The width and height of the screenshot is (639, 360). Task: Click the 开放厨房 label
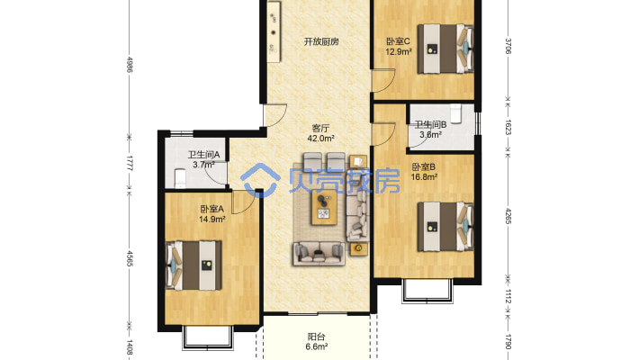pos(321,41)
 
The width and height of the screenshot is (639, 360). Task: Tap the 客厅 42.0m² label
pos(320,133)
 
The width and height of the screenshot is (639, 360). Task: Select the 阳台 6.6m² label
pos(317,342)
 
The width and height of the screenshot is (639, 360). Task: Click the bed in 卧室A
pos(193,265)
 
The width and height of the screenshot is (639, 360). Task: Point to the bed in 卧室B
pos(445,227)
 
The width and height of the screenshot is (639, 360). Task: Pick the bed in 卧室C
pos(445,49)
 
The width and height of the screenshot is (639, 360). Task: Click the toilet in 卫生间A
pos(180,179)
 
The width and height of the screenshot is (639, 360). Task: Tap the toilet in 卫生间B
pos(455,113)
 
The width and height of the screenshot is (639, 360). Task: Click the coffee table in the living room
pos(324,208)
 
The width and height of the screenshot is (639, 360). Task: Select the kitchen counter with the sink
pos(274,31)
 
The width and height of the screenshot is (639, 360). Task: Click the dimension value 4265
pos(508,217)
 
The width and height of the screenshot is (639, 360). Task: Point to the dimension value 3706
pos(508,46)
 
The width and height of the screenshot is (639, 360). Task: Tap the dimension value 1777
pos(130,163)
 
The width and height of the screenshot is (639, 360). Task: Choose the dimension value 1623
pos(508,127)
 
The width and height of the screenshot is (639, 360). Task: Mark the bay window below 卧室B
pos(427,291)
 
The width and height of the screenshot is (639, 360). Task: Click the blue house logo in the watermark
pos(260,181)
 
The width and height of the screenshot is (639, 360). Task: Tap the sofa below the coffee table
pos(319,253)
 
